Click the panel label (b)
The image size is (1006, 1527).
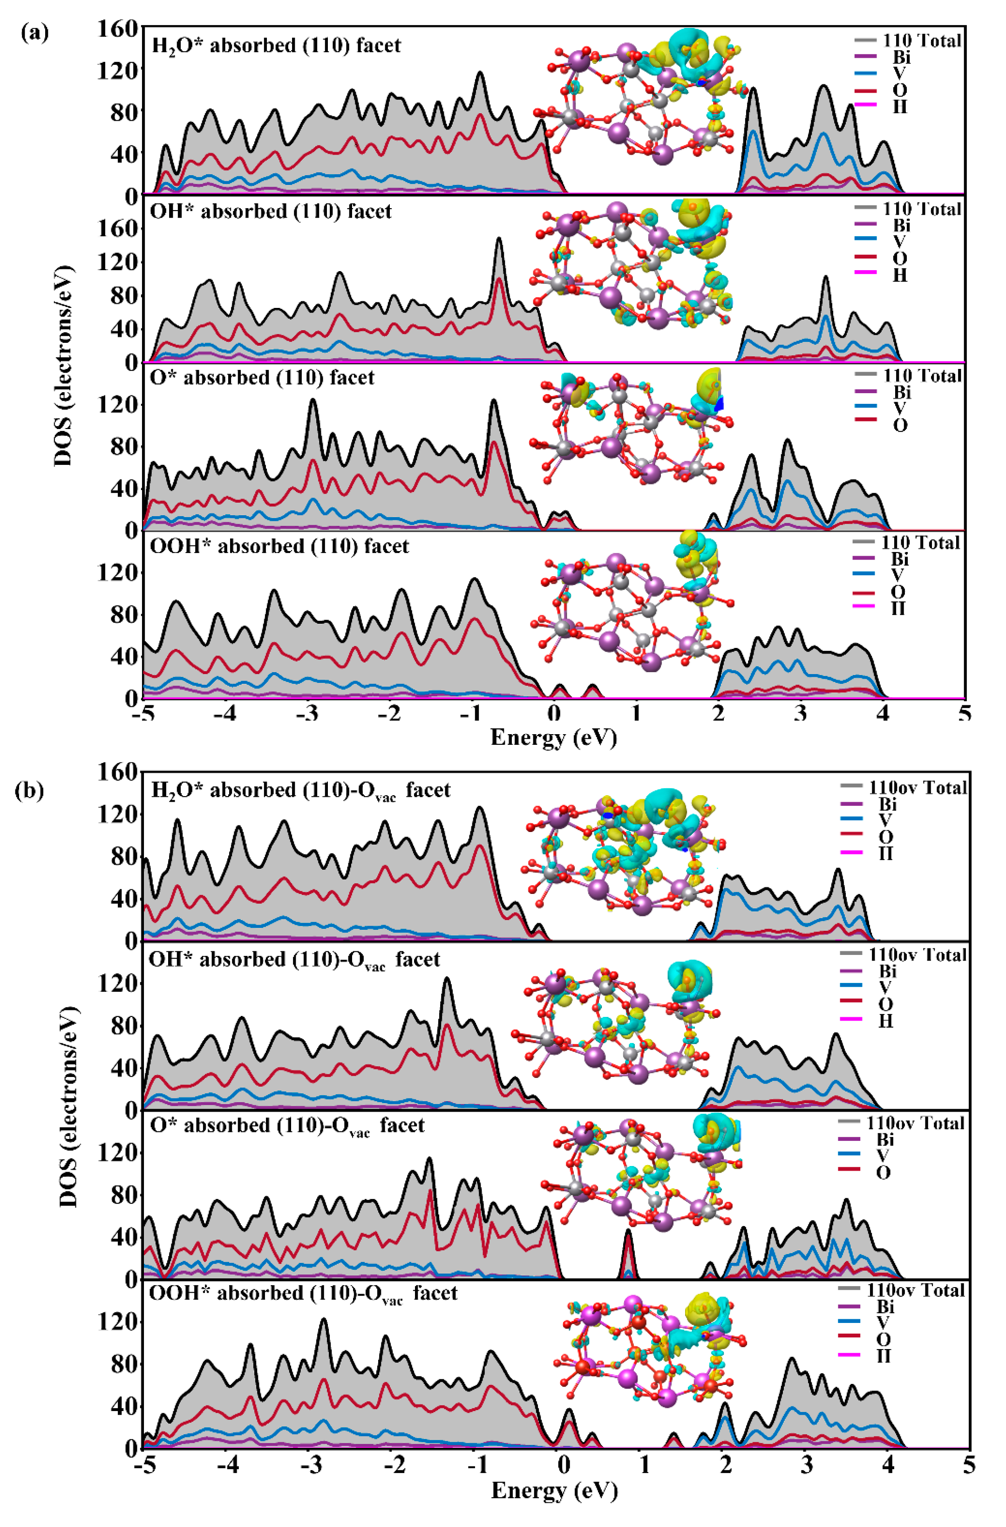[x=29, y=791]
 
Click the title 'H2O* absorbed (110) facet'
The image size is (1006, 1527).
[x=276, y=46]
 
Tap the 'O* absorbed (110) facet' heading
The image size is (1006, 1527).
[x=262, y=377]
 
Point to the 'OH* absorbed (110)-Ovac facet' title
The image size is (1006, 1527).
[x=294, y=960]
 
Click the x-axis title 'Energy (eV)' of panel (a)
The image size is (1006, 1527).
[x=553, y=737]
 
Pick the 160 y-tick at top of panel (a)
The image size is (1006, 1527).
[x=117, y=29]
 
